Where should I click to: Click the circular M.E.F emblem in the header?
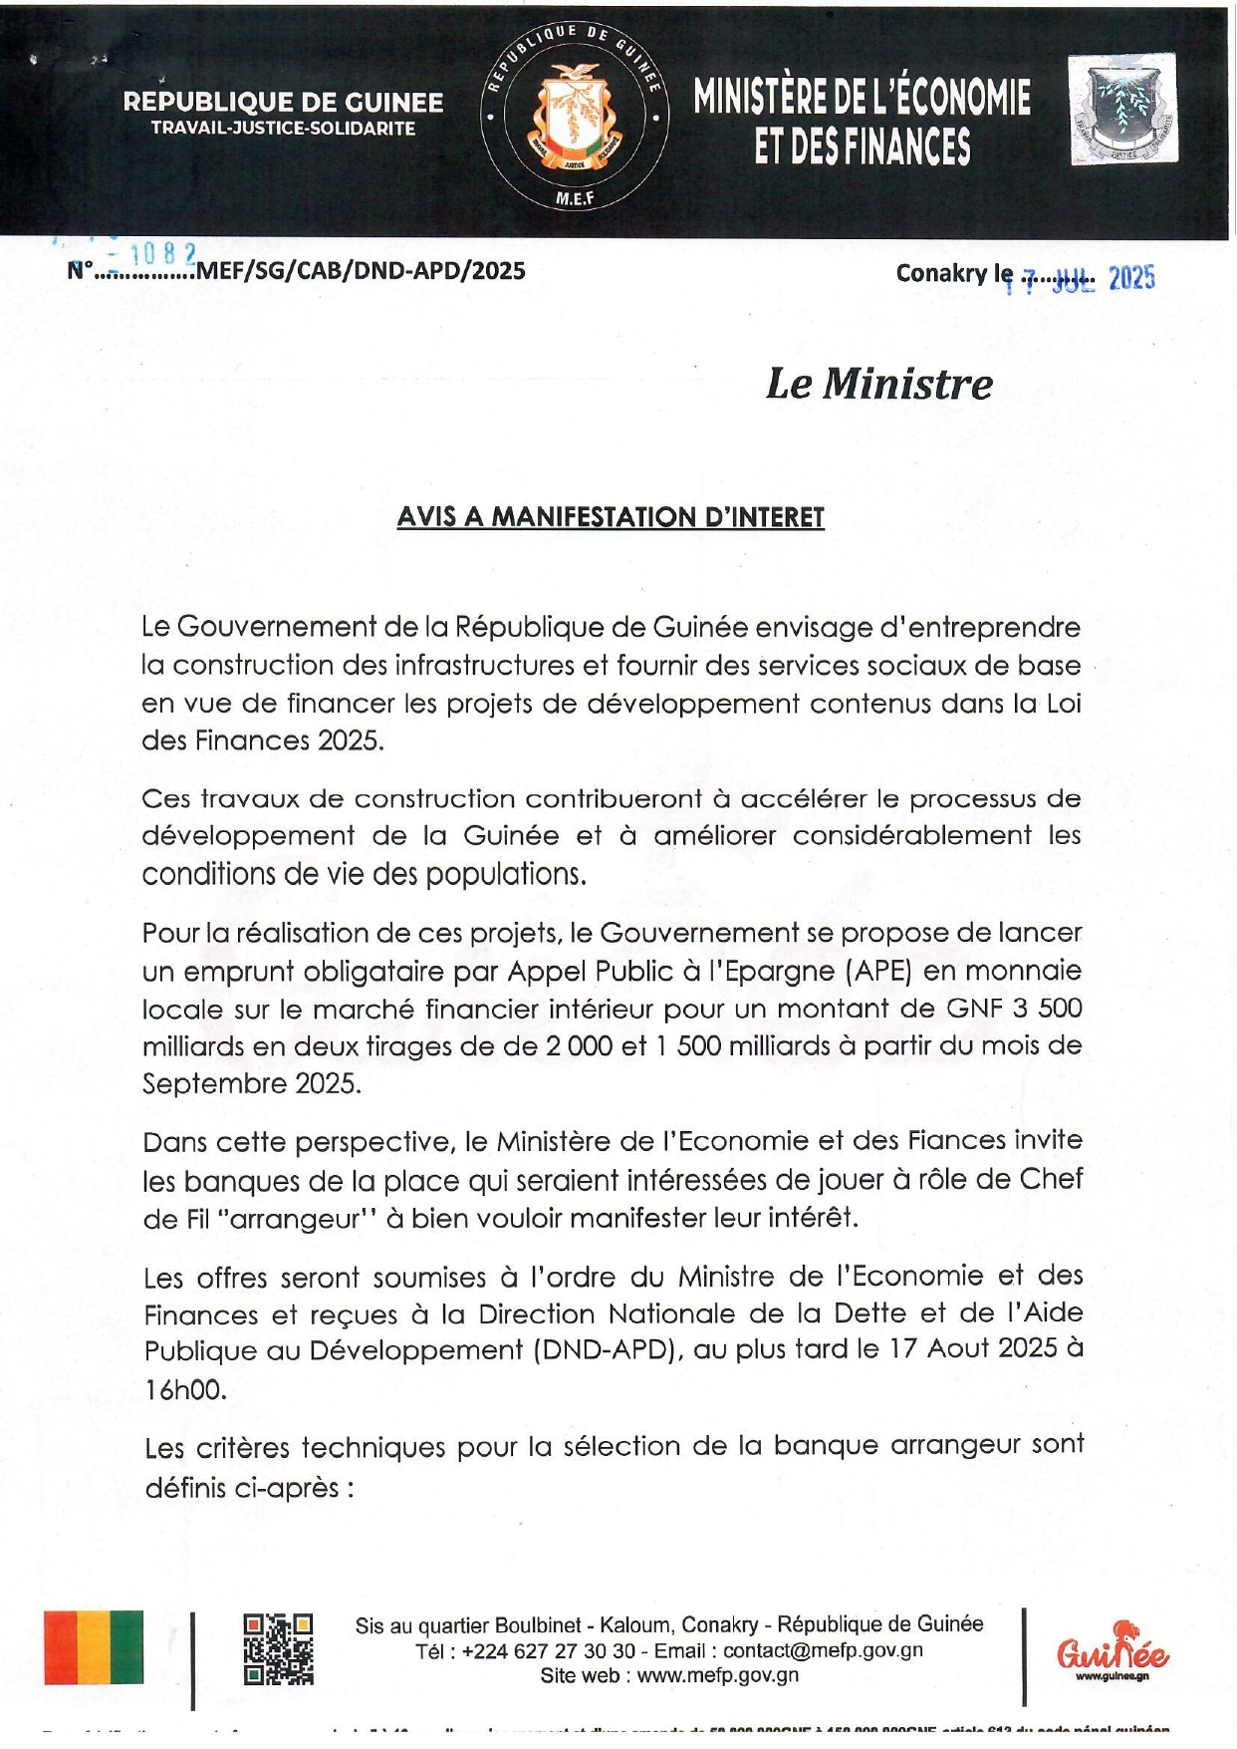[x=575, y=118]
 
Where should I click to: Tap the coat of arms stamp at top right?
[x=1123, y=110]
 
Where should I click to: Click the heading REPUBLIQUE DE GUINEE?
[x=283, y=102]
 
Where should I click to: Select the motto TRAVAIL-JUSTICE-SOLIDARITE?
[x=283, y=129]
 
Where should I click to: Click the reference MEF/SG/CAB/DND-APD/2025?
[x=361, y=271]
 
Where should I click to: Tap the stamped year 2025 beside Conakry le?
[x=1131, y=278]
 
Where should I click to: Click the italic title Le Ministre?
[x=878, y=384]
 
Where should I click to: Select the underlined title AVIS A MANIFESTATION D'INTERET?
[x=611, y=517]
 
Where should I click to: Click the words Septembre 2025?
[x=251, y=1083]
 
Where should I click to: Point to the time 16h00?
[x=185, y=1389]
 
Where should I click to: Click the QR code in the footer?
[x=279, y=1649]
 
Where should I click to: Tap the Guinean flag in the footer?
[x=94, y=1647]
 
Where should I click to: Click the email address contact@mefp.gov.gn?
[x=823, y=1649]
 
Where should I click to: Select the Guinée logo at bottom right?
[x=1113, y=1649]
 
